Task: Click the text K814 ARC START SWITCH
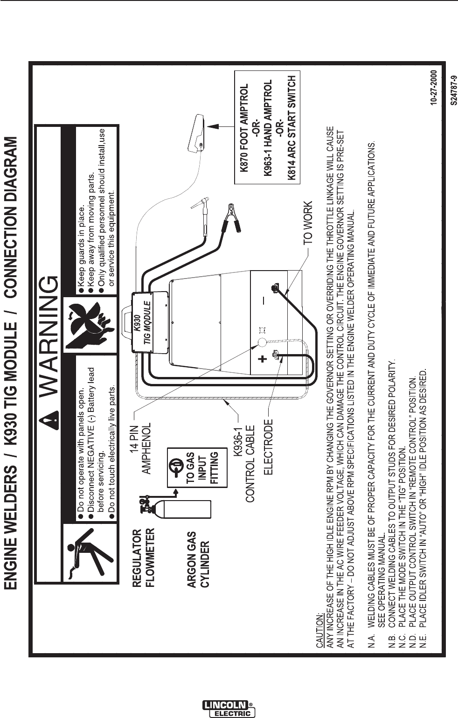[291, 128]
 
